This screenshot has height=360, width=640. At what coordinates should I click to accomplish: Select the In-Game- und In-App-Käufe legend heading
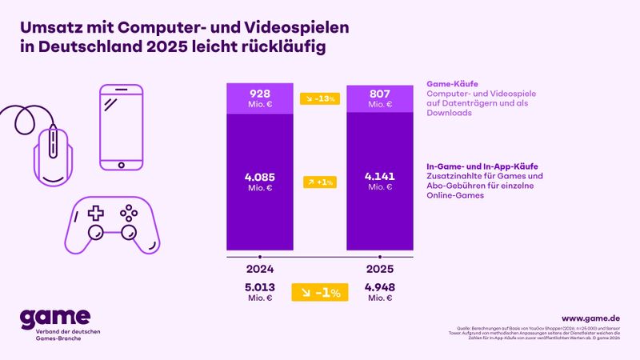(482, 166)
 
